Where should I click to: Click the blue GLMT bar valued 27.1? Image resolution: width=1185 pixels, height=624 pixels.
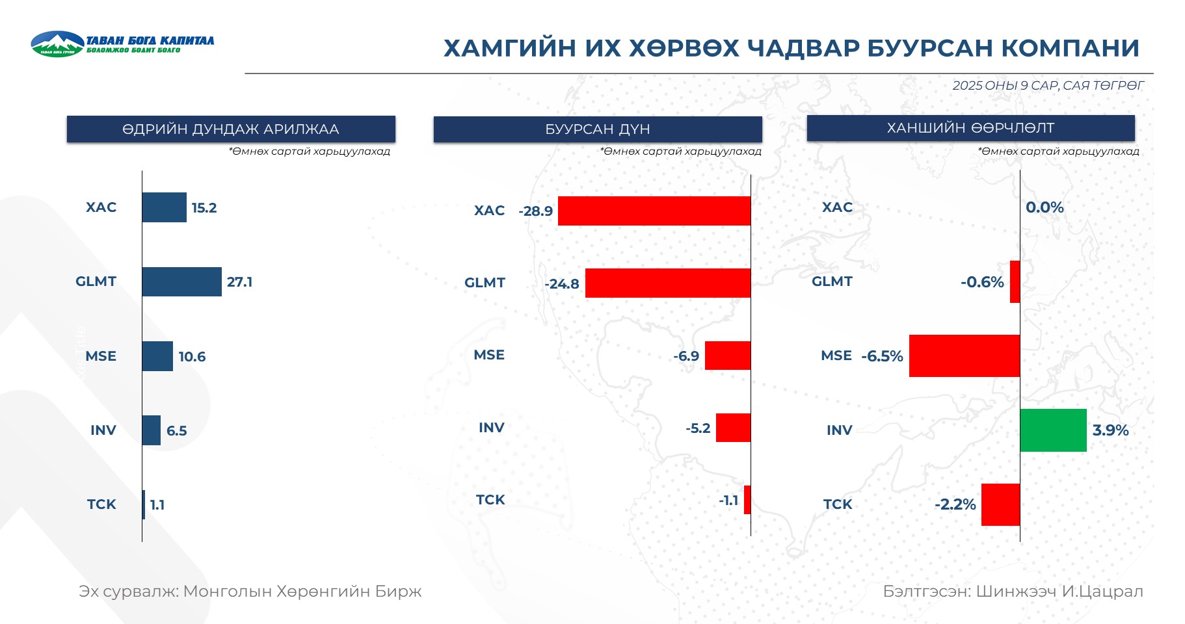coord(182,282)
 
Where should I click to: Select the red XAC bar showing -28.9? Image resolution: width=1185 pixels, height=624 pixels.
coord(654,211)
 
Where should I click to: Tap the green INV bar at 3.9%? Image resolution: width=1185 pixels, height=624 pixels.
coord(1053,430)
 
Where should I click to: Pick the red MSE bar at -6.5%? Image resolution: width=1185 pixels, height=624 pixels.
coord(965,356)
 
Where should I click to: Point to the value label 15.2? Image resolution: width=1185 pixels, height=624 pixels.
coord(204,208)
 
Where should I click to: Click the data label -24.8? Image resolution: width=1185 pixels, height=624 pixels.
coord(562,284)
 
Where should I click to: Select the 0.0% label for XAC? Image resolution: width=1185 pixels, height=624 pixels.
coord(1045,207)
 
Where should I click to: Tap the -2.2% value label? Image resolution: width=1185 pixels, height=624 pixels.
coord(955,504)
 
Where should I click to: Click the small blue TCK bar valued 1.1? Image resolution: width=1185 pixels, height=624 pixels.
coord(144,504)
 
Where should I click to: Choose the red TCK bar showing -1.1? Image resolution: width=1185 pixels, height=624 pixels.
coord(747,500)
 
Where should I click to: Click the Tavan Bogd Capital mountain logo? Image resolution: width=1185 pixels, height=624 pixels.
coord(57,44)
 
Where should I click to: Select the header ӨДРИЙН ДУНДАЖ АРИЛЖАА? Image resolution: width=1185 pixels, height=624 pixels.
coord(231,129)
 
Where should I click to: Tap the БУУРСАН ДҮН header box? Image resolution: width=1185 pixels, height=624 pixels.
coord(598,129)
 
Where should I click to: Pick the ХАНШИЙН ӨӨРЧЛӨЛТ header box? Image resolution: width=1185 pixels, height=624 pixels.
coord(970,128)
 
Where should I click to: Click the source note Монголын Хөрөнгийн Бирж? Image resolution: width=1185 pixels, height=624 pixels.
coord(302,591)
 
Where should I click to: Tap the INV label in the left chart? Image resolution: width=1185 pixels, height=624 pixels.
coord(103,430)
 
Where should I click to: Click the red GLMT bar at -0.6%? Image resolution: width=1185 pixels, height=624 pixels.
coord(1015,282)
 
